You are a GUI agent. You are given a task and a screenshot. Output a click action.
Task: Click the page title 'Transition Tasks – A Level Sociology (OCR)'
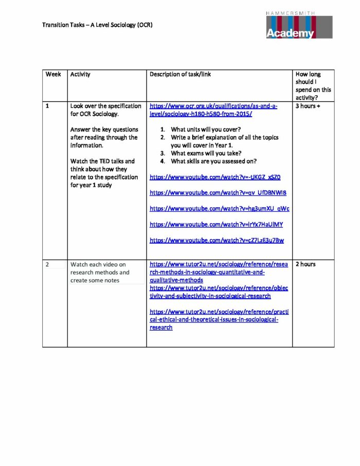click(x=97, y=25)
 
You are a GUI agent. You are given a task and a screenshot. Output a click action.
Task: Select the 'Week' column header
click(x=53, y=74)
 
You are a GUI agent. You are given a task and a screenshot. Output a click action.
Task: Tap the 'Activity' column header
click(x=80, y=74)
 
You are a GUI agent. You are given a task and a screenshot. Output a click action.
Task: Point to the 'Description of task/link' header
click(x=180, y=74)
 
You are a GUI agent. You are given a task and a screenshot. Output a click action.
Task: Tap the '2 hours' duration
click(x=305, y=264)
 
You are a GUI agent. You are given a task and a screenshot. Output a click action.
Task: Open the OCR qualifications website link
click(x=213, y=110)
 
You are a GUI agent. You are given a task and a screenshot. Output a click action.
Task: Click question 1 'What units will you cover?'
click(x=205, y=130)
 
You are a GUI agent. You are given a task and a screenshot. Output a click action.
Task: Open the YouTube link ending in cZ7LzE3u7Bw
click(x=217, y=240)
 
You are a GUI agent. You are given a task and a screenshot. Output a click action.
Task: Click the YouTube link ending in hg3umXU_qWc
click(x=219, y=209)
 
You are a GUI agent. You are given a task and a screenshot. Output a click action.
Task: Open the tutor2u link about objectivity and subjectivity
click(x=219, y=292)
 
